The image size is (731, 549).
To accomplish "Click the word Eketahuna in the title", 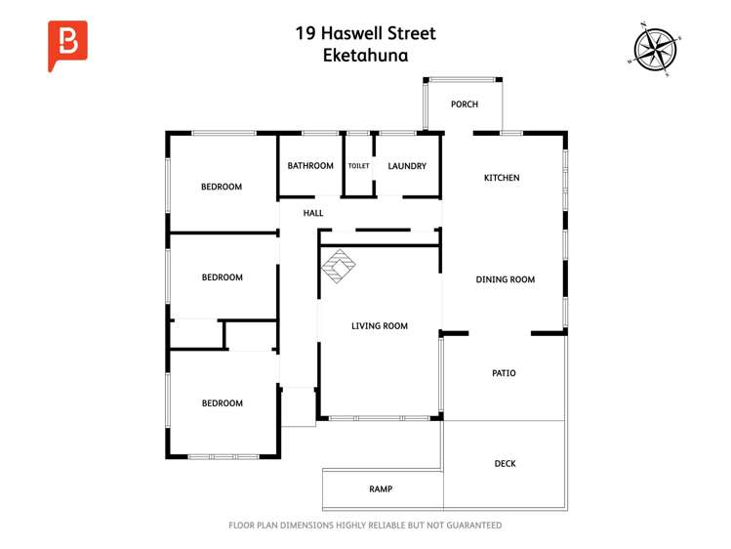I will pos(365,56).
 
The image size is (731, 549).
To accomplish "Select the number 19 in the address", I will pos(305,33).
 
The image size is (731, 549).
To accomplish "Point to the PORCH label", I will pos(464,105).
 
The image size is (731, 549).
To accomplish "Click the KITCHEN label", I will pos(502,178).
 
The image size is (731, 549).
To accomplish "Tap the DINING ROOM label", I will pos(505,279).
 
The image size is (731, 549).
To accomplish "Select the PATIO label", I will pos(504,373).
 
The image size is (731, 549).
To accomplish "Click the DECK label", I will pos(505,464).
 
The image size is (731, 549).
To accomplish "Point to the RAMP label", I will pos(381,488).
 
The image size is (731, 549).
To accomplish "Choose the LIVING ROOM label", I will pos(380,326).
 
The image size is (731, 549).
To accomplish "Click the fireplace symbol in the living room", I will pos(341,266).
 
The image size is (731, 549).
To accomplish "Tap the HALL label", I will pos(313,213).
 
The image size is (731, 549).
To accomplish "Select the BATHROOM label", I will pos(310,166).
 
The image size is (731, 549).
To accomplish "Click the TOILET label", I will pos(359,166).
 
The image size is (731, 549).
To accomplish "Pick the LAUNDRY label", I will pos(407,166).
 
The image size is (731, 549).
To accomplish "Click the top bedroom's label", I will pos(222,187).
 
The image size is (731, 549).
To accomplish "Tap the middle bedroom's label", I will pos(222,277).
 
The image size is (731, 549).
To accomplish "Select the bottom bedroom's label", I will pos(222,403).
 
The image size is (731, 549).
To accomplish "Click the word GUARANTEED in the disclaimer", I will pos(470,526).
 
